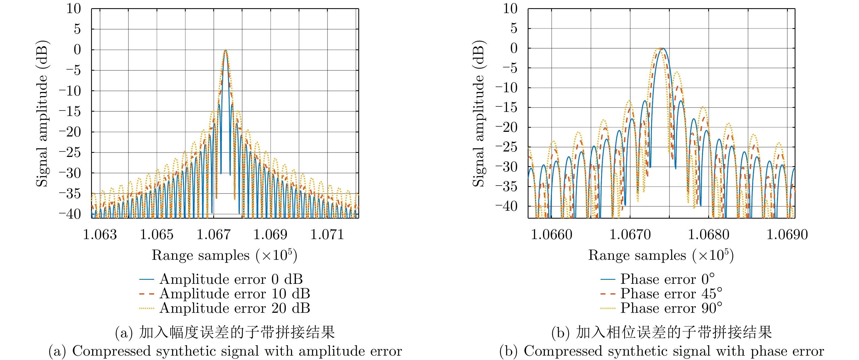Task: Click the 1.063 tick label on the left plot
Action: (x=100, y=234)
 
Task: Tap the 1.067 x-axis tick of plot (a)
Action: (x=214, y=234)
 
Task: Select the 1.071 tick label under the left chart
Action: (x=327, y=234)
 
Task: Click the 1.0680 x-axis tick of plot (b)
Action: (x=709, y=234)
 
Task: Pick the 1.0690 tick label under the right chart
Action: (x=787, y=234)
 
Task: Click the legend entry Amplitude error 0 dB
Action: (x=231, y=279)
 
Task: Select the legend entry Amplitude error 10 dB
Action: (x=235, y=294)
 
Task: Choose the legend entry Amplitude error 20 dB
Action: (x=235, y=308)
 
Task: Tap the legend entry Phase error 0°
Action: (x=667, y=279)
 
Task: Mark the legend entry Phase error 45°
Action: (x=671, y=294)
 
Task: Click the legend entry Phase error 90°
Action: (x=671, y=308)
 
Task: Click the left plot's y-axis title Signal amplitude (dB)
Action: (x=42, y=114)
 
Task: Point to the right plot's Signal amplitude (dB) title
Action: (x=479, y=114)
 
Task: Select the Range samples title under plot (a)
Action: (x=224, y=255)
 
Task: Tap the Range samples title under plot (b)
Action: (x=661, y=255)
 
